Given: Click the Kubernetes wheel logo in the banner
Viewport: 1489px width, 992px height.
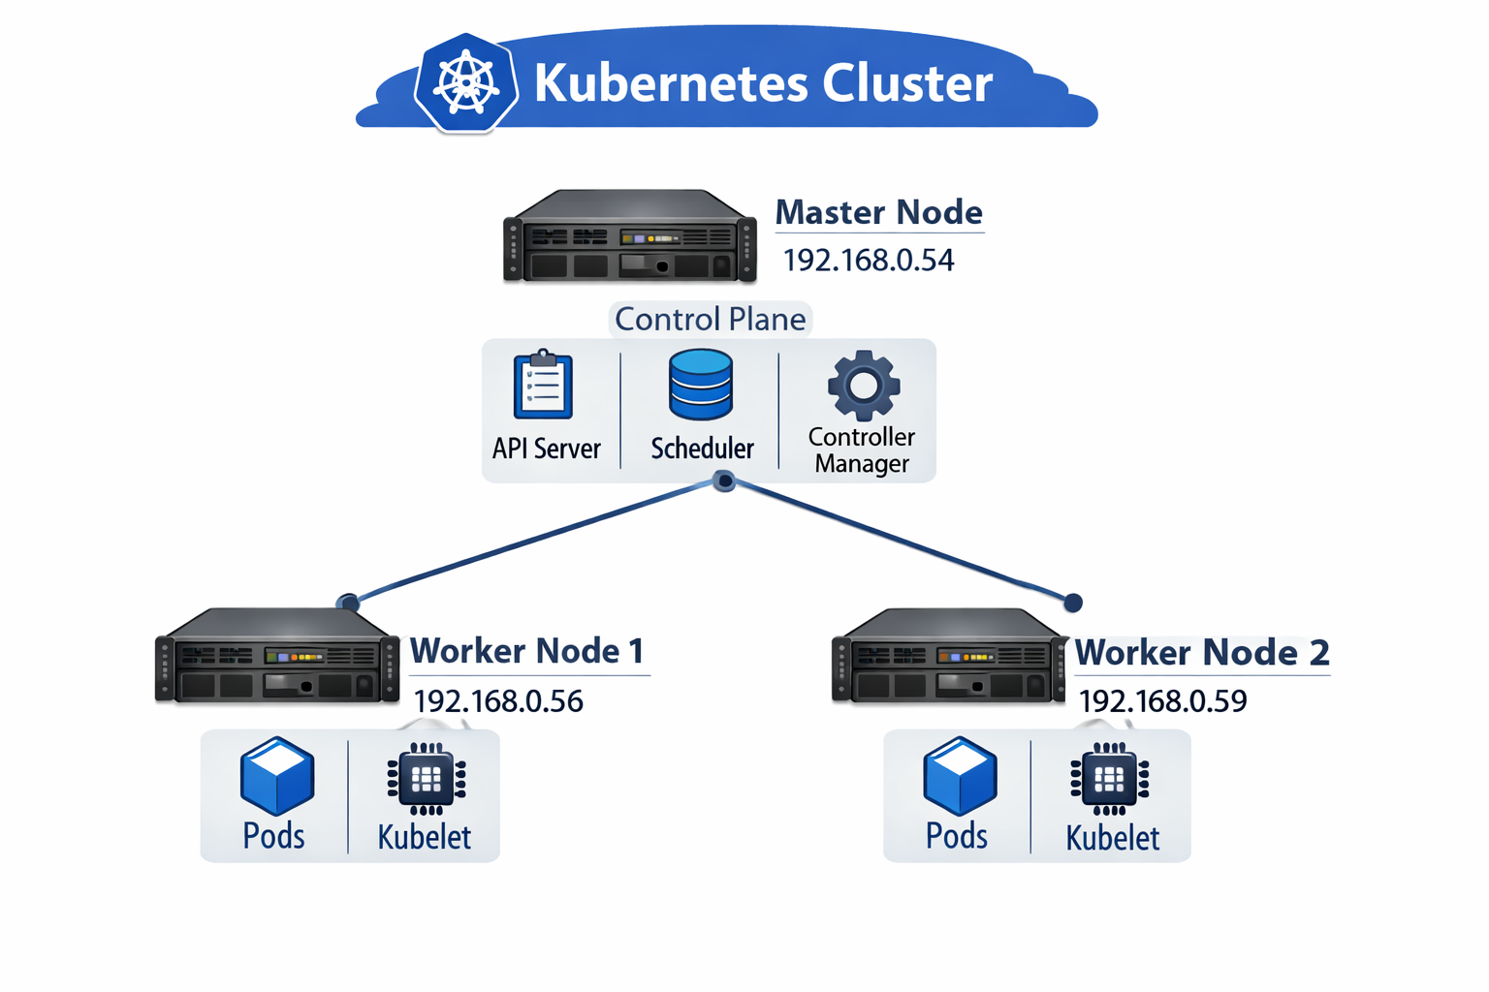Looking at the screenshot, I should click(466, 83).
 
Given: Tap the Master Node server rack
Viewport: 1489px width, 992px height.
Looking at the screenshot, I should click(629, 237).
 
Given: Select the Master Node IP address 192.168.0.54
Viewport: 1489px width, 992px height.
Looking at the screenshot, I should click(868, 261).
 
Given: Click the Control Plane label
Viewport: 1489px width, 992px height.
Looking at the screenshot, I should click(710, 320).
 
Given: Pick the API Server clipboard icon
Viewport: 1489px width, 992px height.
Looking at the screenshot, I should click(543, 385).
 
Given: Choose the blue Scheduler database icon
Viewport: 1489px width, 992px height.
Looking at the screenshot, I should click(700, 385).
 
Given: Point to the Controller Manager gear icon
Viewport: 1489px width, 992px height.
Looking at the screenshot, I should click(863, 386).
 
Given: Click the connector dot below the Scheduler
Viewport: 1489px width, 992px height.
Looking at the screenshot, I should click(724, 480).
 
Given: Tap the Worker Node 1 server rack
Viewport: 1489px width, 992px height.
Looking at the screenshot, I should click(277, 656).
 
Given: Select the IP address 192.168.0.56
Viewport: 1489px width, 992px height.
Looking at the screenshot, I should click(498, 701).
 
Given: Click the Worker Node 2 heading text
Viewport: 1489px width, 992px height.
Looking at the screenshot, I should click(1202, 653).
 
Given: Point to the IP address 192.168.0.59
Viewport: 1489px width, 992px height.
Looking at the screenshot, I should click(1162, 701).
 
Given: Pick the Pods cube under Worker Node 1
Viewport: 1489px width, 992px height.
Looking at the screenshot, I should click(277, 776).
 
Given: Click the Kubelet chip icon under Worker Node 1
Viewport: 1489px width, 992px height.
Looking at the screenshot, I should click(427, 778).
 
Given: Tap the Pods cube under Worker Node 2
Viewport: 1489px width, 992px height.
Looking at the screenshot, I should click(960, 776).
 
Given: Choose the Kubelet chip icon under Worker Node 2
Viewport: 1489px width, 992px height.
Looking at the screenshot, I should click(1110, 779).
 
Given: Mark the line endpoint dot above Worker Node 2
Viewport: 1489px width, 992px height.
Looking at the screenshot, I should click(1073, 603).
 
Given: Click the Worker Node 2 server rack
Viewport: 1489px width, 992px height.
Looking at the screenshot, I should click(950, 656).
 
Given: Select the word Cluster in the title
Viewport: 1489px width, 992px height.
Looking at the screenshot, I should click(907, 83).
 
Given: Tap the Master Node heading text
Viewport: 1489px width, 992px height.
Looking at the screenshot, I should click(878, 212).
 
